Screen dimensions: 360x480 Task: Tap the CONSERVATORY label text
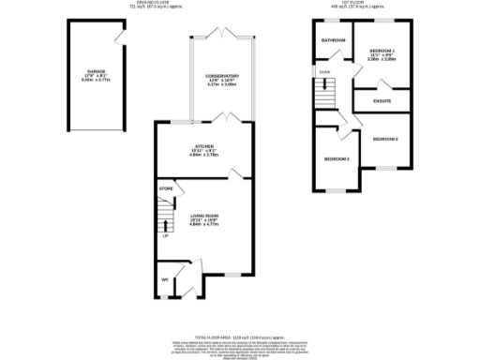tap(222, 76)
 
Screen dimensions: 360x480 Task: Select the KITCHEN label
tap(204, 147)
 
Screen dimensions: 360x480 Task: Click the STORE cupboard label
tap(166, 189)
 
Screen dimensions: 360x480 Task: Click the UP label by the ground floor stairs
tap(166, 235)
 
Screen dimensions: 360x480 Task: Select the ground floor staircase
tap(166, 217)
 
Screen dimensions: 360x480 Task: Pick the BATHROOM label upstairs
tap(333, 41)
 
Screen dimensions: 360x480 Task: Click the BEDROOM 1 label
tap(382, 50)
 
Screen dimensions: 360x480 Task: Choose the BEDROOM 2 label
tap(385, 139)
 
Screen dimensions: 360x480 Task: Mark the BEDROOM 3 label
tap(337, 158)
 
